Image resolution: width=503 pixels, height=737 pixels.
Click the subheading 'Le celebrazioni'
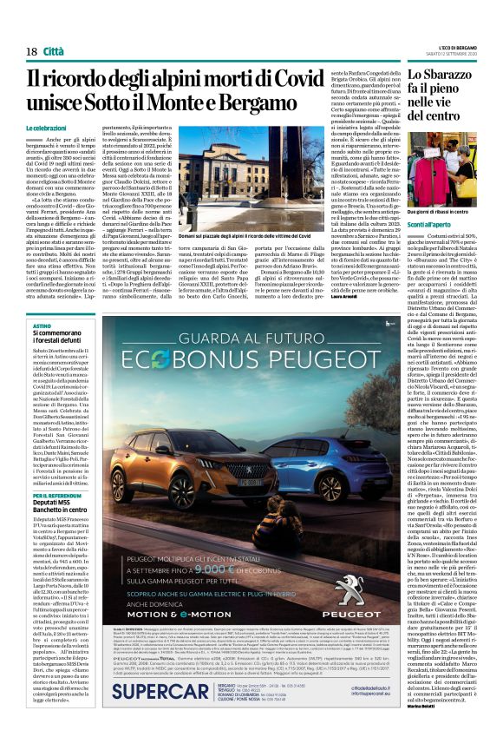point(51,128)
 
